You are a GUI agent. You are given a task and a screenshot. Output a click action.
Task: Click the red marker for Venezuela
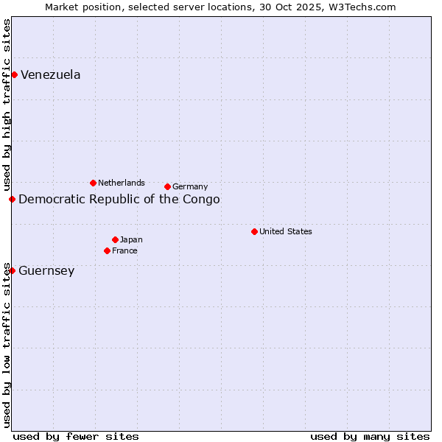[x=14, y=74]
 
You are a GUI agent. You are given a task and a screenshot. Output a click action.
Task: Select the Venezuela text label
[x=50, y=74]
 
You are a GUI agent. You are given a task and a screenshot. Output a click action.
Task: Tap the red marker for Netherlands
[x=93, y=183]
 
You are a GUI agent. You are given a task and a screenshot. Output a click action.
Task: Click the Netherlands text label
[x=122, y=183]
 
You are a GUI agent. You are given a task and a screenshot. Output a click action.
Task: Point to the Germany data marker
[x=167, y=186]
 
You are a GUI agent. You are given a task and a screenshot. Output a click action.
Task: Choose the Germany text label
[x=190, y=186]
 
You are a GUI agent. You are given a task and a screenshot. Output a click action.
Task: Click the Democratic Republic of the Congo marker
[x=12, y=199]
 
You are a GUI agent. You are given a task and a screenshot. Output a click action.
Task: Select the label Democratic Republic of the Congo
[x=119, y=199]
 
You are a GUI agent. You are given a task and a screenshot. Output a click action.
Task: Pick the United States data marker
[x=254, y=231]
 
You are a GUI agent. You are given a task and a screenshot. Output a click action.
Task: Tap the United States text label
[x=286, y=231]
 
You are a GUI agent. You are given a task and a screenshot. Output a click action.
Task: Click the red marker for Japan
[x=115, y=239]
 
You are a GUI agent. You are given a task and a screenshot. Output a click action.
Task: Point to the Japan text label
[x=131, y=239]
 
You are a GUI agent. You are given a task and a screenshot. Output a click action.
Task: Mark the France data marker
[x=107, y=250]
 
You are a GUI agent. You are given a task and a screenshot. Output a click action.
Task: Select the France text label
[x=124, y=250]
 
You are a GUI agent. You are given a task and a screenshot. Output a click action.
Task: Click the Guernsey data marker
[x=12, y=270]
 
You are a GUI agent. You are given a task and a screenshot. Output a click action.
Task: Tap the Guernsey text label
[x=46, y=270]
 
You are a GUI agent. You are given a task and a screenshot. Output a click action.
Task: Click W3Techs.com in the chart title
[x=362, y=7]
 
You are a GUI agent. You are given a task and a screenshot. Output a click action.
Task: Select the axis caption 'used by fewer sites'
[x=76, y=436]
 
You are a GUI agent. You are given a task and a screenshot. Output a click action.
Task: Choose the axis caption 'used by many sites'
[x=370, y=436]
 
